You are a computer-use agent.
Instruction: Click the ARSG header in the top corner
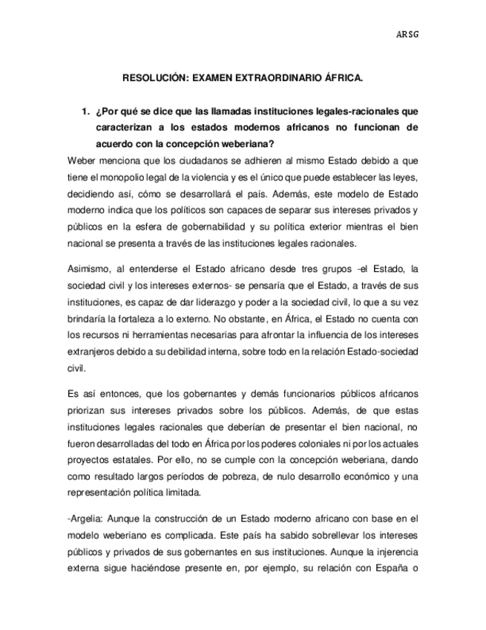tap(407, 34)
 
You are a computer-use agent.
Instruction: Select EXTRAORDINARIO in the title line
tap(278, 77)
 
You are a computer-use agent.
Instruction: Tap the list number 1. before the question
tap(85, 112)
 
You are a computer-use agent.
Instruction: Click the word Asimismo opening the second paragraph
tap(89, 268)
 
